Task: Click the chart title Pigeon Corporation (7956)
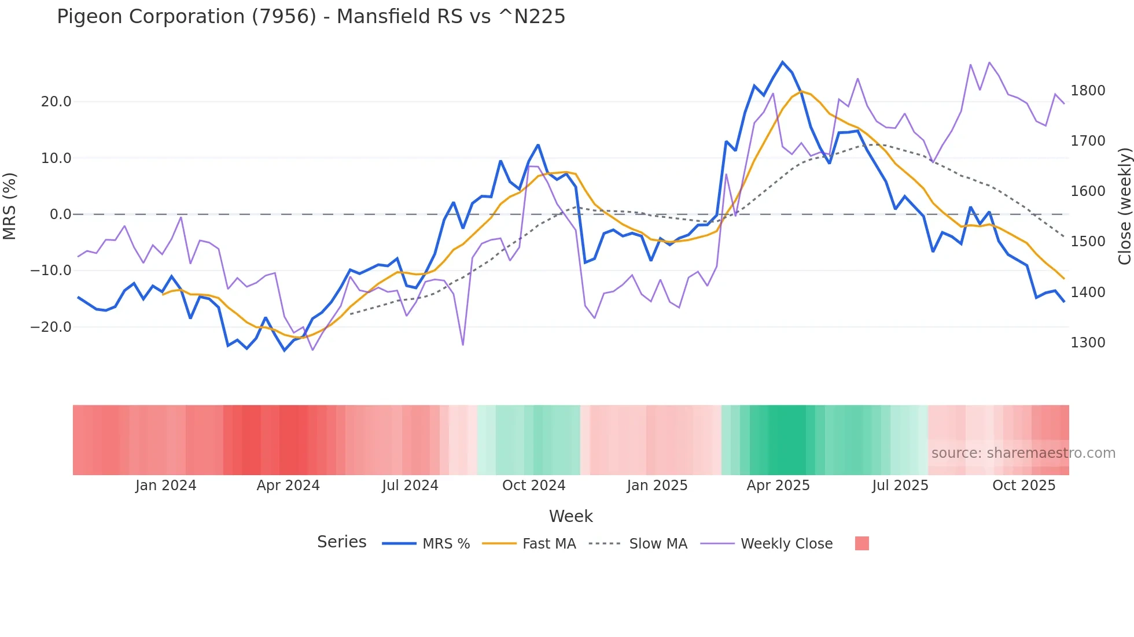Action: pos(311,17)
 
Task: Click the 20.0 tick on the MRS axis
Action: pos(56,102)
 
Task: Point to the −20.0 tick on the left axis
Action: pos(51,327)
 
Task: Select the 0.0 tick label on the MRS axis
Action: pos(60,214)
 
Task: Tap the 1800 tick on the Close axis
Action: pos(1088,91)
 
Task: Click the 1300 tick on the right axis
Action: pos(1088,343)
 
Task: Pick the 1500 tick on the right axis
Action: pos(1088,242)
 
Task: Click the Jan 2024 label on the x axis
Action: pos(166,486)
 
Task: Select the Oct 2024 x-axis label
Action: pos(533,486)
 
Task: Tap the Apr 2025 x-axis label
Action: pos(778,486)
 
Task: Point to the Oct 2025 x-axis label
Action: pos(1024,486)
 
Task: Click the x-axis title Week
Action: pos(570,516)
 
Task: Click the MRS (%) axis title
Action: pos(10,206)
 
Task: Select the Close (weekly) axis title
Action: pos(1124,206)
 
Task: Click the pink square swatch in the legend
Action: pos(861,543)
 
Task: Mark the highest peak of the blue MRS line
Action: pos(782,62)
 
